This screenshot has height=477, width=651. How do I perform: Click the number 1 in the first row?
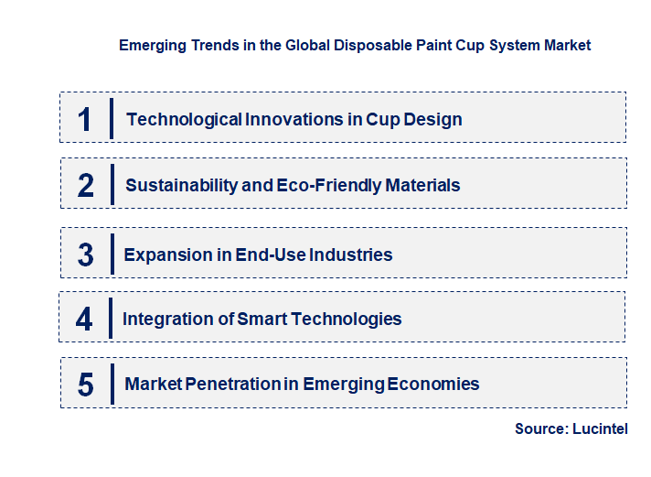pos(85,119)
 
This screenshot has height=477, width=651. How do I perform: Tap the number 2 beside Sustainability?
pos(86,186)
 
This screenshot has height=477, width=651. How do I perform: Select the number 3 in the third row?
pos(86,255)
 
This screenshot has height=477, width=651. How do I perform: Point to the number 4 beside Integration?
pos(84,320)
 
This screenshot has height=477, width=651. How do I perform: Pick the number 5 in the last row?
pos(86,385)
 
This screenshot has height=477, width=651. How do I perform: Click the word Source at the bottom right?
pos(539,428)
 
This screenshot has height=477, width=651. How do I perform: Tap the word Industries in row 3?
pos(351,255)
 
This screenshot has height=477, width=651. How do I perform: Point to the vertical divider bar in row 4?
pos(111,320)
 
